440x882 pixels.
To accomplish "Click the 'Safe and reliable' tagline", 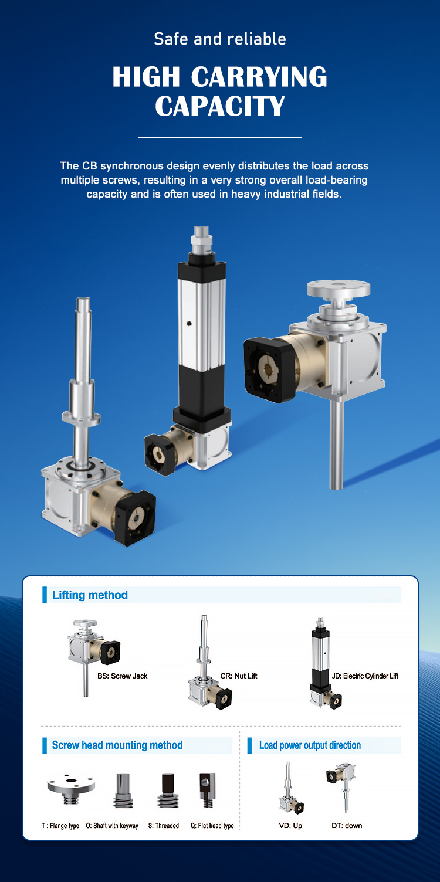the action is (x=220, y=39).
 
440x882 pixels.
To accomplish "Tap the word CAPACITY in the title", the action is (x=220, y=106).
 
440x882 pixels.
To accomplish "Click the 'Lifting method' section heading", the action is (x=90, y=595).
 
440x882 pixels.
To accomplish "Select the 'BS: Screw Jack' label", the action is (x=123, y=676).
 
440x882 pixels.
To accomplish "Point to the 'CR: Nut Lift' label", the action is (x=239, y=676).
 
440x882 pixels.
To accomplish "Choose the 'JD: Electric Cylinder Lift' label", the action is (x=365, y=676).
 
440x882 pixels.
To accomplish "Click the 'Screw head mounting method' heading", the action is (x=117, y=745).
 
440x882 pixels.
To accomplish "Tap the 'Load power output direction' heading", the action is (x=310, y=745).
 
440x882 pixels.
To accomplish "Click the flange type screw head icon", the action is (x=72, y=789).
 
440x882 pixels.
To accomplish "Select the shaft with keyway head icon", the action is (x=123, y=791).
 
